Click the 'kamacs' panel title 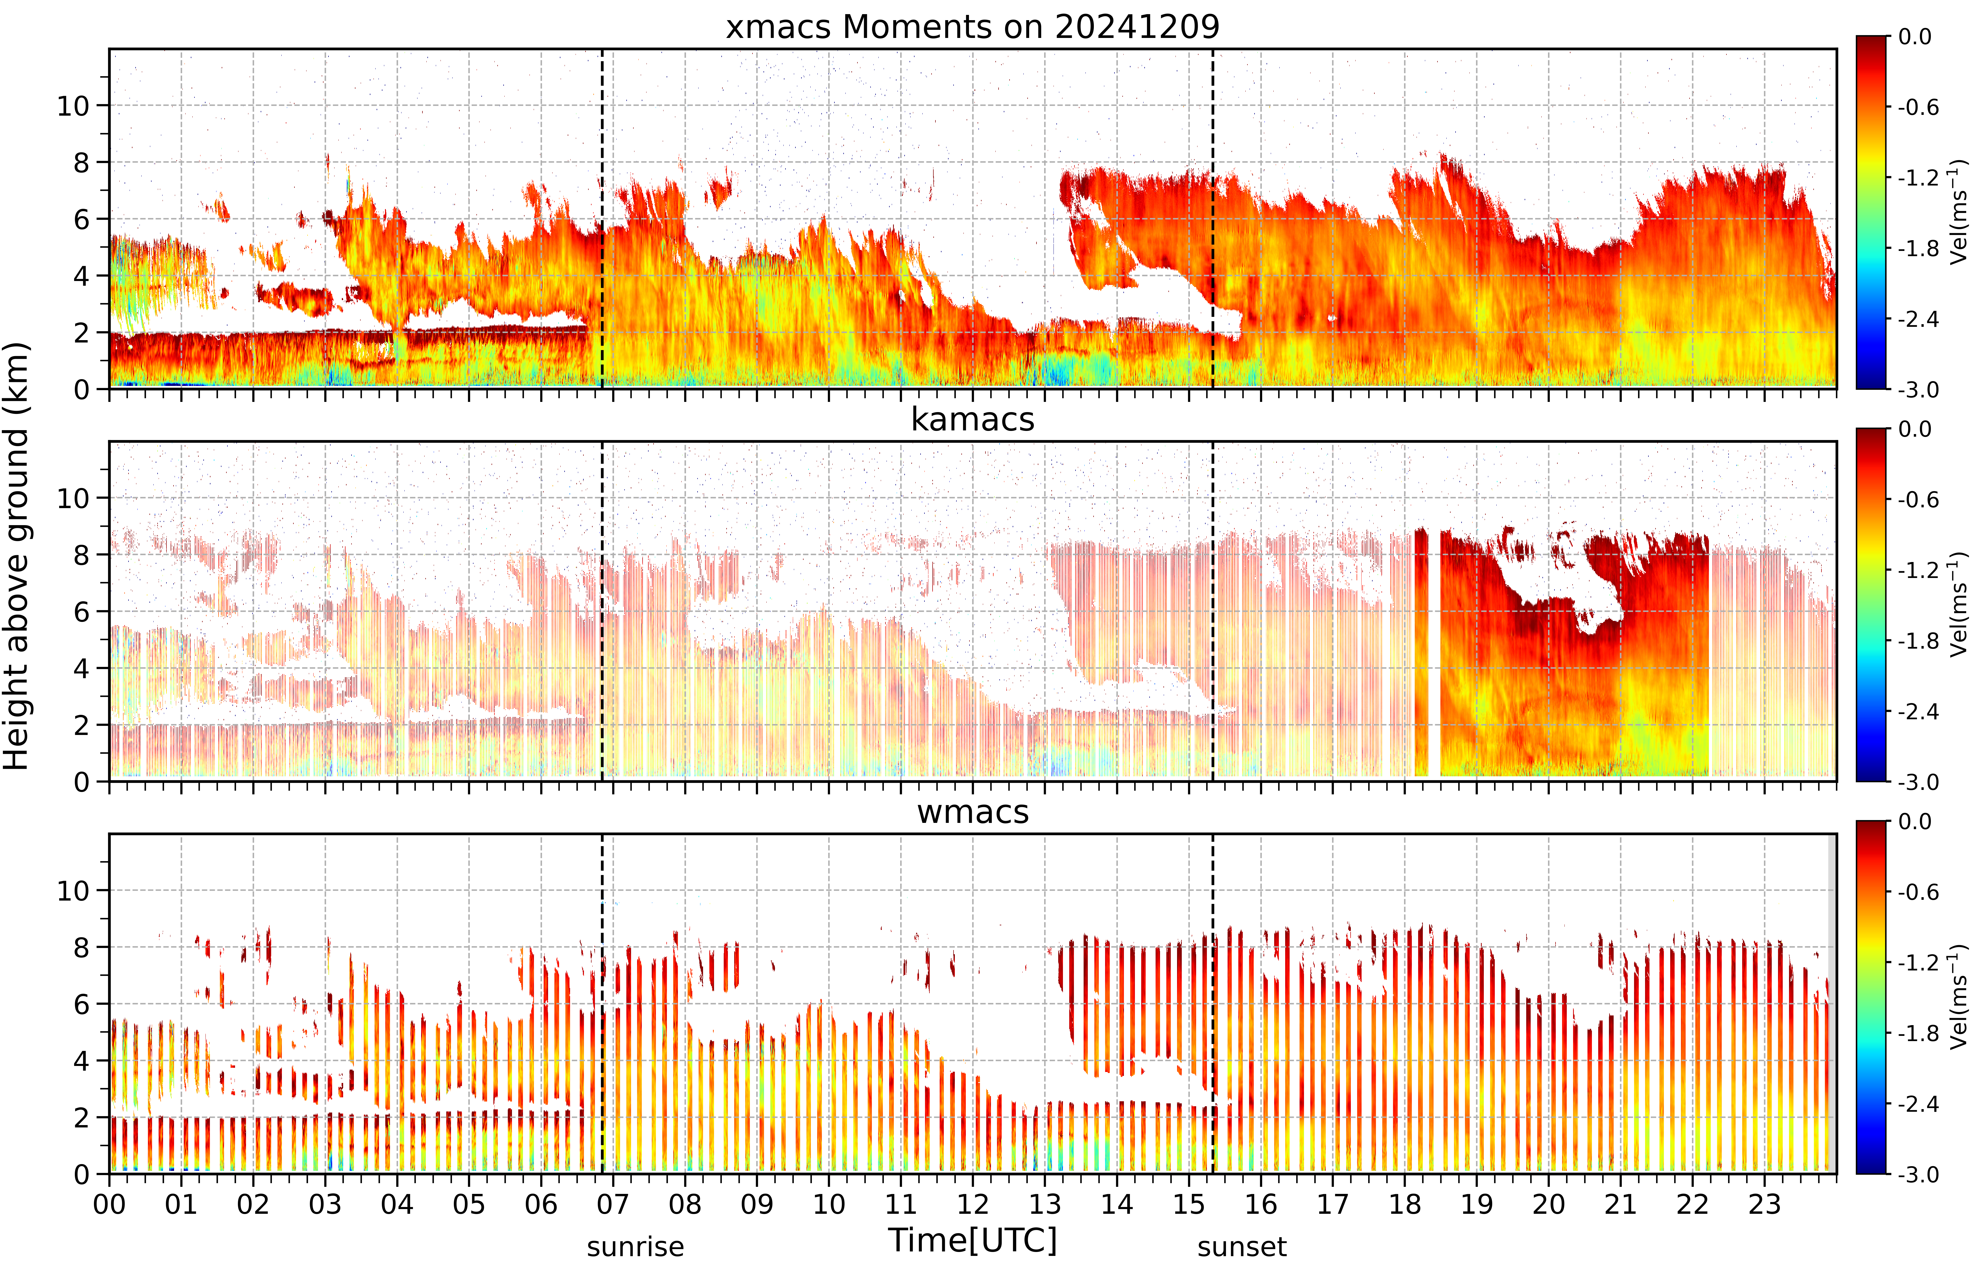click(x=973, y=420)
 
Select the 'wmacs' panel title click(x=973, y=812)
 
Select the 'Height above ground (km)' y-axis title click(x=16, y=556)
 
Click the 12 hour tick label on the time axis click(x=973, y=1204)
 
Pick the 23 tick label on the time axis click(x=1765, y=1204)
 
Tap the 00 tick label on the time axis click(x=109, y=1204)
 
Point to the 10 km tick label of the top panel click(x=73, y=106)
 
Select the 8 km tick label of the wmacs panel click(x=81, y=947)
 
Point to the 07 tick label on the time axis click(x=613, y=1204)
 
